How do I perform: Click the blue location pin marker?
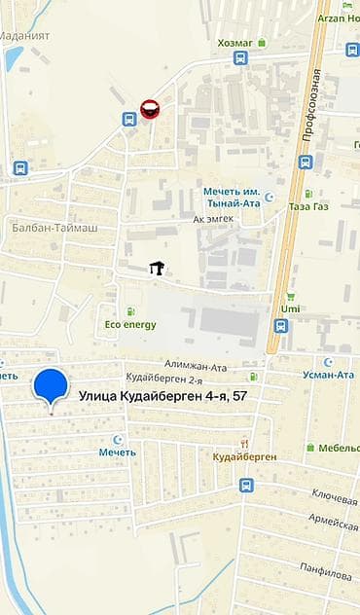[x=51, y=386]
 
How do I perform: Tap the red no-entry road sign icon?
[x=150, y=108]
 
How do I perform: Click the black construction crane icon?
[x=155, y=268]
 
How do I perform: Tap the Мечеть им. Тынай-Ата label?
[x=233, y=197]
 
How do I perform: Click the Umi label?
[x=290, y=308]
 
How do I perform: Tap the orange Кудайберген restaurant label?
[x=245, y=456]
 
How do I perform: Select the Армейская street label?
[x=335, y=525]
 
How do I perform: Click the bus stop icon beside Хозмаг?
[x=240, y=58]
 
